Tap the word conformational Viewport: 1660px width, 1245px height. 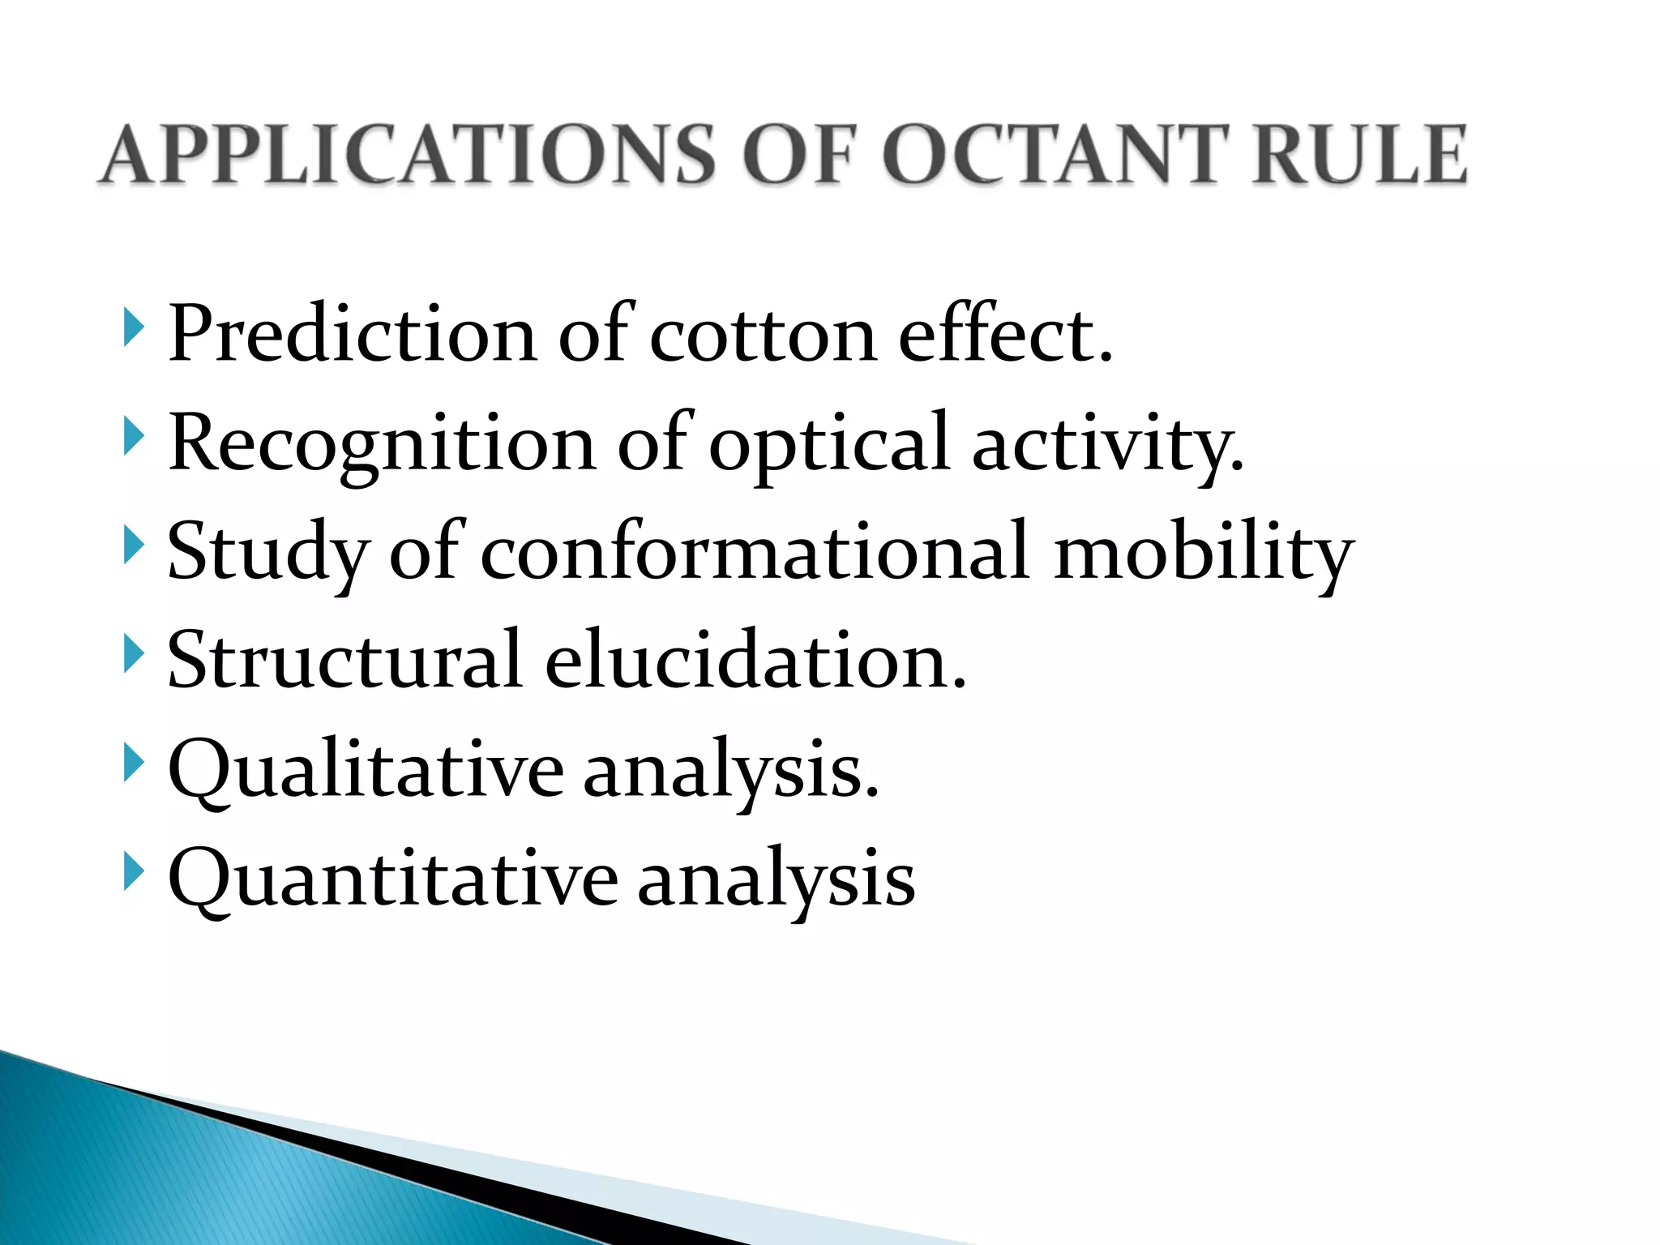[755, 551]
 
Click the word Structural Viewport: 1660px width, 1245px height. [344, 660]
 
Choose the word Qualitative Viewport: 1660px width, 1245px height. [366, 770]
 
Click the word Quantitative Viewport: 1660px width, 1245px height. [393, 879]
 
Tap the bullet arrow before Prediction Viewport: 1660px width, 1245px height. [134, 328]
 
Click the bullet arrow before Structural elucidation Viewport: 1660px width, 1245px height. [134, 653]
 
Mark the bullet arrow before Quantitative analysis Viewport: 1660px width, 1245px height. [134, 872]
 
